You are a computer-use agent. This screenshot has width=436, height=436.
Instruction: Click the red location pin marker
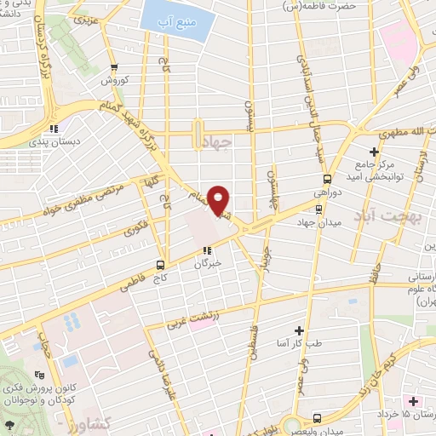click(x=220, y=201)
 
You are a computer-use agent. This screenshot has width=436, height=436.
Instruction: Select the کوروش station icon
click(x=107, y=68)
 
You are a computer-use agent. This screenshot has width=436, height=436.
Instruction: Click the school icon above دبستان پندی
click(x=53, y=129)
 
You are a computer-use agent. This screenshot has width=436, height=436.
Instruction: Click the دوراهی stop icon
click(x=328, y=179)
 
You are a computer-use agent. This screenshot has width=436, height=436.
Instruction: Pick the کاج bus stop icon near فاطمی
click(x=160, y=265)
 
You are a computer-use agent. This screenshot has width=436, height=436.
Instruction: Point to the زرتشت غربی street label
click(x=192, y=319)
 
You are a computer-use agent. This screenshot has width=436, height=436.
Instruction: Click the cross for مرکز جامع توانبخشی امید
click(x=373, y=151)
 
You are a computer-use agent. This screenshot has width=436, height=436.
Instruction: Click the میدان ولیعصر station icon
click(x=317, y=418)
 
